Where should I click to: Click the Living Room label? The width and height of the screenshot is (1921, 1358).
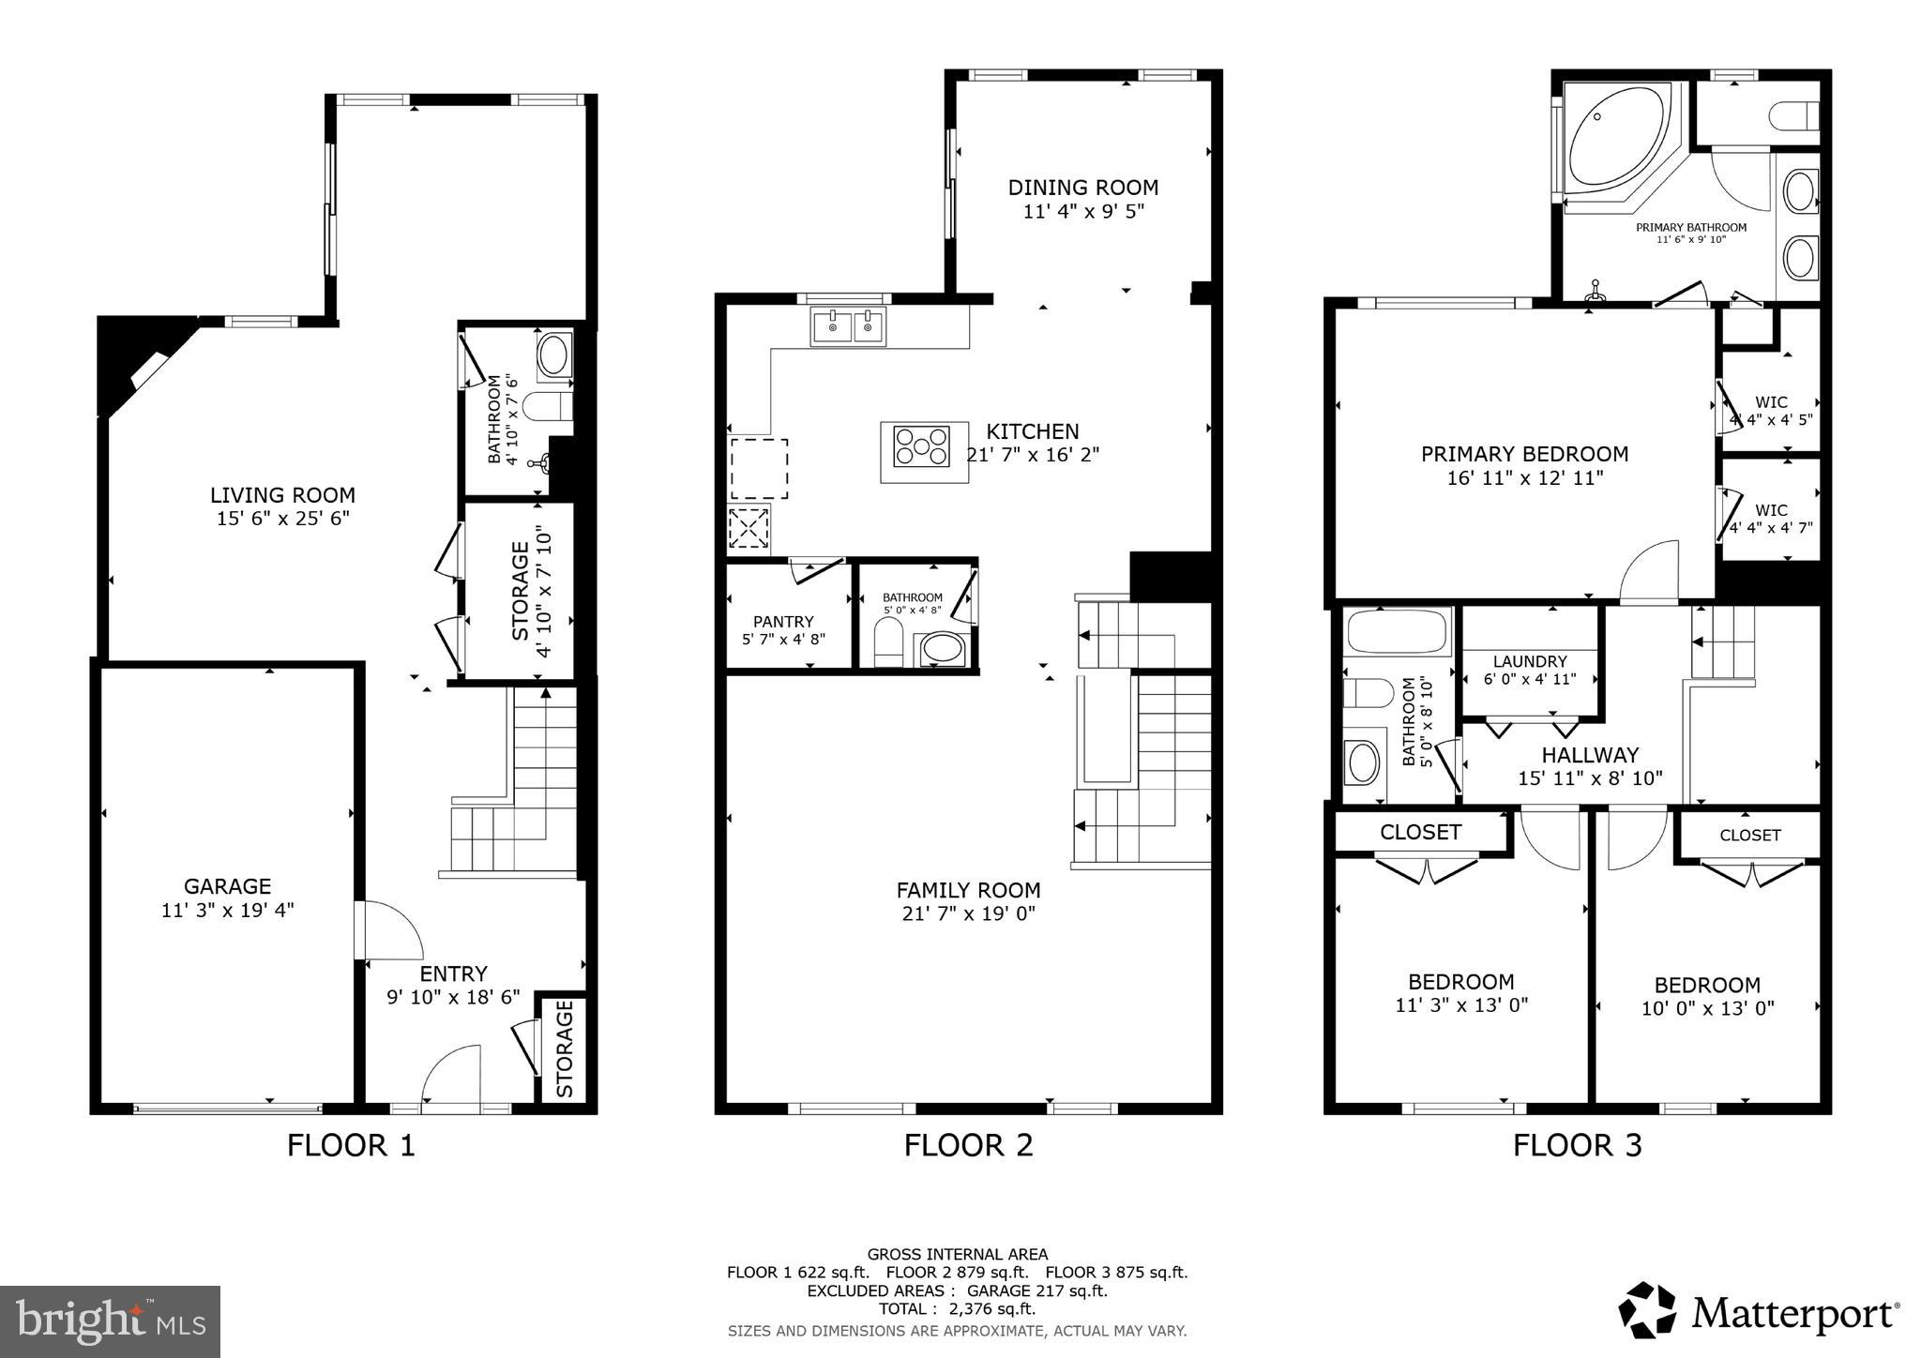pyautogui.click(x=282, y=494)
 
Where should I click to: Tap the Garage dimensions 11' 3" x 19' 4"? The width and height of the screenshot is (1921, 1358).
pyautogui.click(x=227, y=910)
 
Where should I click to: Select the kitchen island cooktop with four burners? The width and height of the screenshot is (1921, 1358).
pyautogui.click(x=922, y=446)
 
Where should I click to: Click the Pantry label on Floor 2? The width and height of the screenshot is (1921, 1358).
pyautogui.click(x=783, y=621)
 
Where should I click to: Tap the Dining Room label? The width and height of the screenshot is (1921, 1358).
pyautogui.click(x=1082, y=188)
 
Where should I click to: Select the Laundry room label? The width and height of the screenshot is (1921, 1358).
pyautogui.click(x=1530, y=661)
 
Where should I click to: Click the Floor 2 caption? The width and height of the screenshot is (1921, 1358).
pyautogui.click(x=968, y=1145)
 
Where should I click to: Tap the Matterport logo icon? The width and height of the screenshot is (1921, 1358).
pyautogui.click(x=1647, y=1309)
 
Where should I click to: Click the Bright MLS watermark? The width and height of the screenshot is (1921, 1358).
pyautogui.click(x=110, y=1321)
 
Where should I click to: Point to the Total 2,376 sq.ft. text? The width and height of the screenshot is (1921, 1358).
pyautogui.click(x=957, y=1308)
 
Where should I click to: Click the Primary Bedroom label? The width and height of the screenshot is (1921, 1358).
pyautogui.click(x=1524, y=454)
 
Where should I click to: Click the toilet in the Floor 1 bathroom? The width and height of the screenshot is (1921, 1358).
pyautogui.click(x=548, y=406)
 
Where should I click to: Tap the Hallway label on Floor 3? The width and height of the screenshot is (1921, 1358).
pyautogui.click(x=1590, y=755)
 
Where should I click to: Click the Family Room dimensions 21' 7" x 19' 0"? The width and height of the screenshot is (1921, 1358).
pyautogui.click(x=968, y=913)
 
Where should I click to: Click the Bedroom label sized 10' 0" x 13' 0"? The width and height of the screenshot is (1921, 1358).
pyautogui.click(x=1706, y=985)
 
